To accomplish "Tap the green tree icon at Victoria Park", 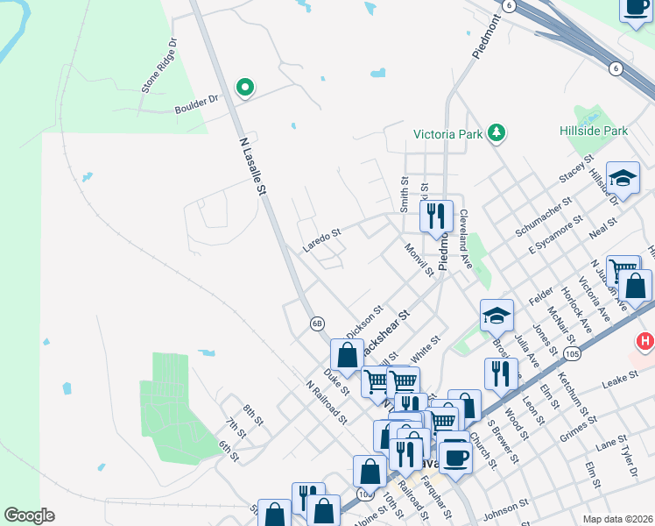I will [497, 133].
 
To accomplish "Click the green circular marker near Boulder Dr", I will [246, 87].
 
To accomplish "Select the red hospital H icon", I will [645, 340].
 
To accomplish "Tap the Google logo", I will [29, 515].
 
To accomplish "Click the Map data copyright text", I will [617, 518].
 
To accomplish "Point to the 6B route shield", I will [317, 323].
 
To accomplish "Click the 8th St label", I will [254, 413].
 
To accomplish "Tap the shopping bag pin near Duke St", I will [347, 355].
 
